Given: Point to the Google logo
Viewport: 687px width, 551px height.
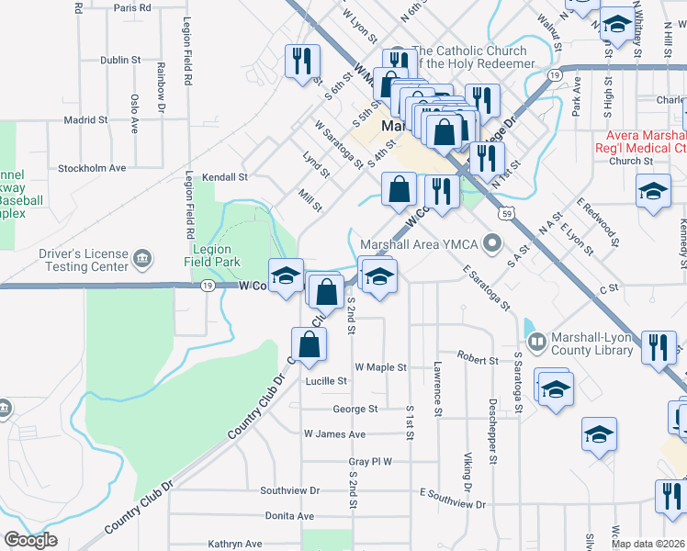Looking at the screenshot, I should pyautogui.click(x=30, y=540).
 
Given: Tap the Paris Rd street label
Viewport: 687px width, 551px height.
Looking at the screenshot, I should pyautogui.click(x=132, y=7).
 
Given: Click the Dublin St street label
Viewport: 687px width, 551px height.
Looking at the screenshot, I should pyautogui.click(x=120, y=60).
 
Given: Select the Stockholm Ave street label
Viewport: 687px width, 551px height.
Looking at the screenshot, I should pyautogui.click(x=92, y=168).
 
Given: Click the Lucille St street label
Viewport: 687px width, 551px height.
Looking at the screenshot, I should pyautogui.click(x=327, y=380).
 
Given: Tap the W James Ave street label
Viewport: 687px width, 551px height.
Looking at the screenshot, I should pyautogui.click(x=334, y=433).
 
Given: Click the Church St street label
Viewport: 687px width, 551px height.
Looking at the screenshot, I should pyautogui.click(x=630, y=161).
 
